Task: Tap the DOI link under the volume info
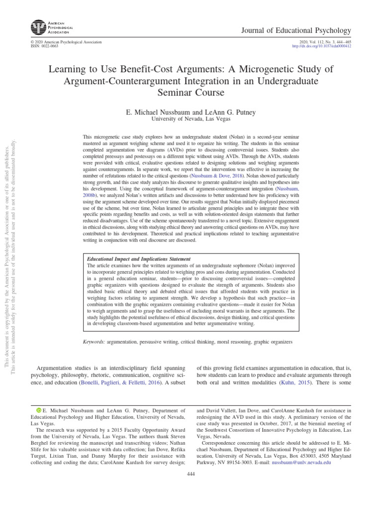324,46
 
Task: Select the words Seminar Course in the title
191,93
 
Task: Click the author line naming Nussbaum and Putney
191,112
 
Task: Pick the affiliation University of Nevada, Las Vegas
191,120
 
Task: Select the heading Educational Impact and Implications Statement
139,259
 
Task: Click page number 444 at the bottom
191,474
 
